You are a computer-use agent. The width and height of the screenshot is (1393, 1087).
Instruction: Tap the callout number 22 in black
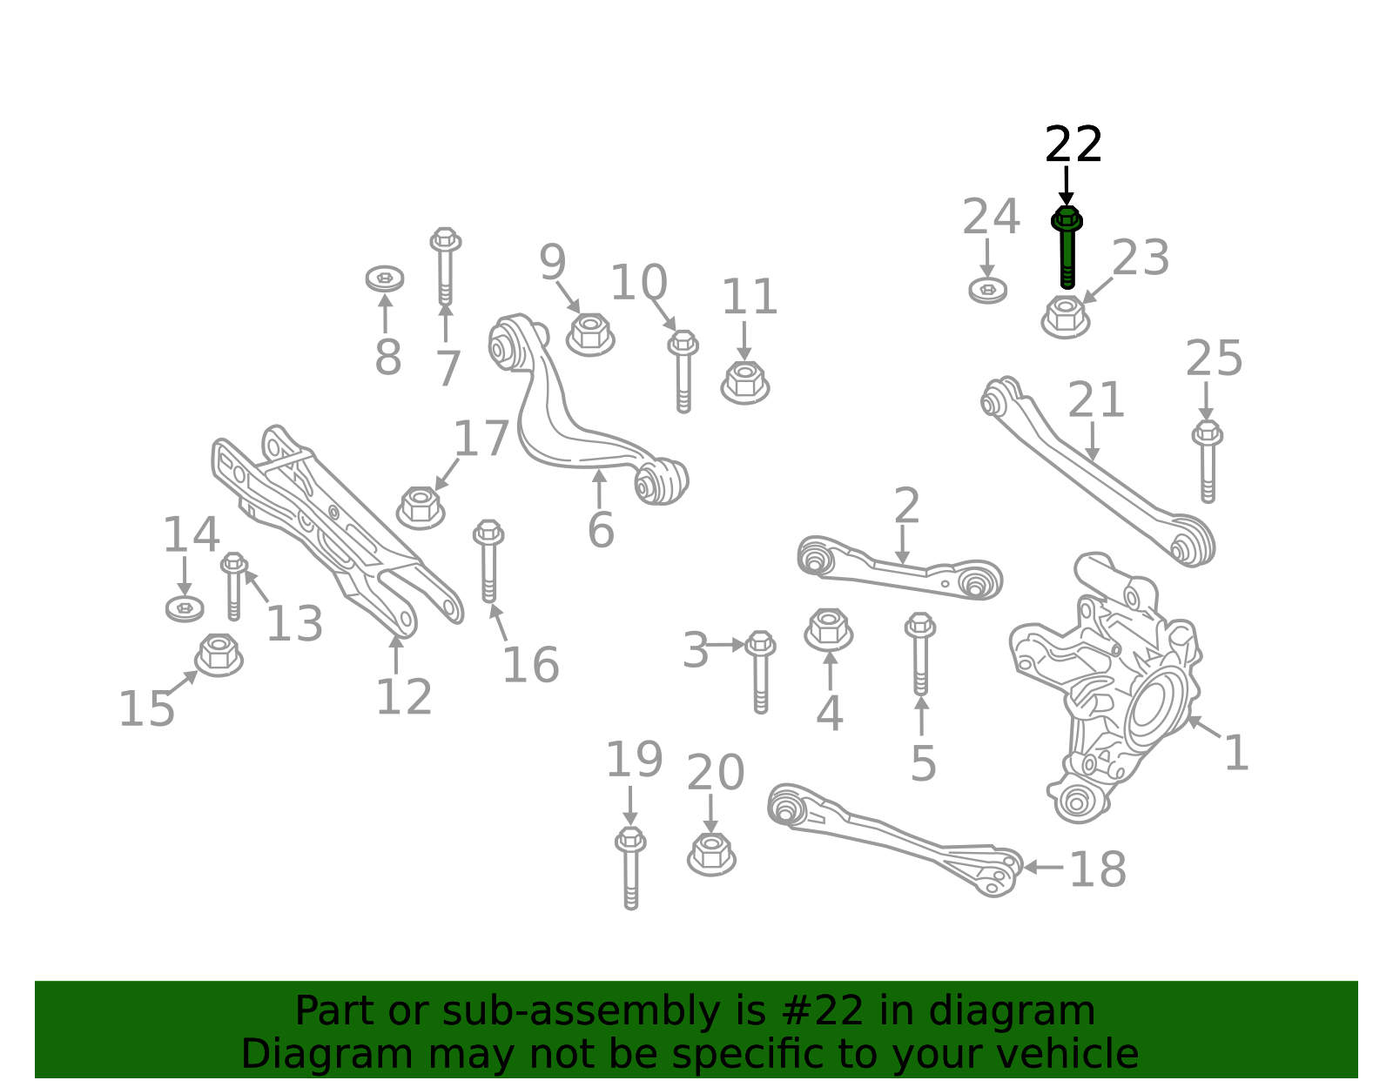(x=1073, y=144)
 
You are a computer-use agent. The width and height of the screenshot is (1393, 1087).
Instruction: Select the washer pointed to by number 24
(x=988, y=291)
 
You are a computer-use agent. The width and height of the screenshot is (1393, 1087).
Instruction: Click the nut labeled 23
(x=1066, y=317)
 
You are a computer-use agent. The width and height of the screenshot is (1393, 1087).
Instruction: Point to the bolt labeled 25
(x=1208, y=461)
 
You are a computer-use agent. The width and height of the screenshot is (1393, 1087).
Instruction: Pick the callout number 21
(x=1096, y=400)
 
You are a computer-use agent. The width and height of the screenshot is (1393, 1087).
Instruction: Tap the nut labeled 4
(x=828, y=629)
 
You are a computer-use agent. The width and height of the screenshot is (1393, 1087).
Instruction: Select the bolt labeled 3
(x=760, y=672)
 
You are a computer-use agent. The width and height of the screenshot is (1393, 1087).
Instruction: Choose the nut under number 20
(x=711, y=854)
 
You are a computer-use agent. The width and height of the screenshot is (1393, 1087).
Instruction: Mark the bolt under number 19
(x=631, y=868)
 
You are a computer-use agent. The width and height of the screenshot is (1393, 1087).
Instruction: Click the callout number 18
(x=1098, y=869)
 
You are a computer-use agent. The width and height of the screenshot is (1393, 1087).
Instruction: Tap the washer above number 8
(x=385, y=278)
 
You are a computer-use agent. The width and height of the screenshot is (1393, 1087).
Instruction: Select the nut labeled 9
(x=590, y=334)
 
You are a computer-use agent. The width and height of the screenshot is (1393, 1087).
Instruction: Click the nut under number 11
(x=745, y=382)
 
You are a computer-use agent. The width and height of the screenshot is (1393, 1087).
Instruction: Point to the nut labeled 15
(x=219, y=655)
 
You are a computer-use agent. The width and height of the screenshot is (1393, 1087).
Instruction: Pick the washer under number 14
(x=185, y=608)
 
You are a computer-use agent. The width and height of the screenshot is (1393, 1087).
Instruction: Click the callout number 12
(x=404, y=697)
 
